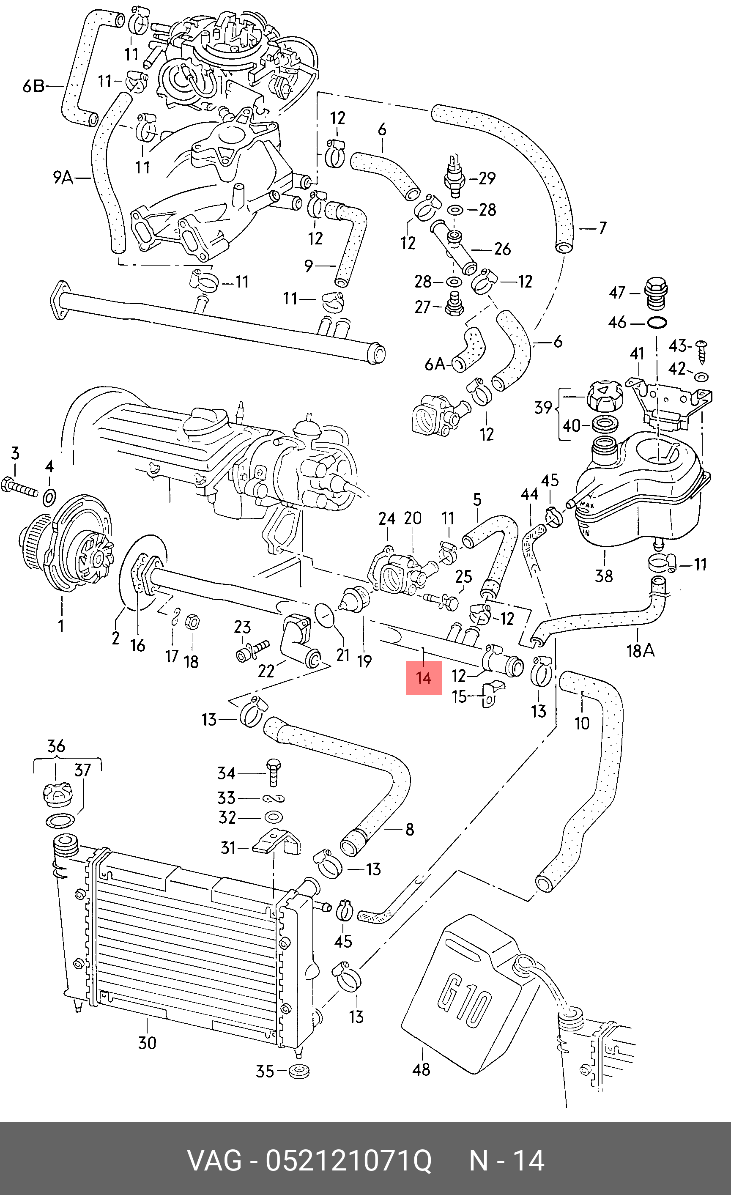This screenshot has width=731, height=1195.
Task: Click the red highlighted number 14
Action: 423,677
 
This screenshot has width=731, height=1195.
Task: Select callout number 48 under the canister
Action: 421,1069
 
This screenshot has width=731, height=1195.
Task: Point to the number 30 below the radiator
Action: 147,1043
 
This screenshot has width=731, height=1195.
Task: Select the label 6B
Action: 33,86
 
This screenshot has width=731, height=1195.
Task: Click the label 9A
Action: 63,178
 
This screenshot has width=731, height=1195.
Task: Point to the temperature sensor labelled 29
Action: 454,175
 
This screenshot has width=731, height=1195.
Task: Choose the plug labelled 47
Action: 656,294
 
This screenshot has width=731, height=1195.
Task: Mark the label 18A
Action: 641,650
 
